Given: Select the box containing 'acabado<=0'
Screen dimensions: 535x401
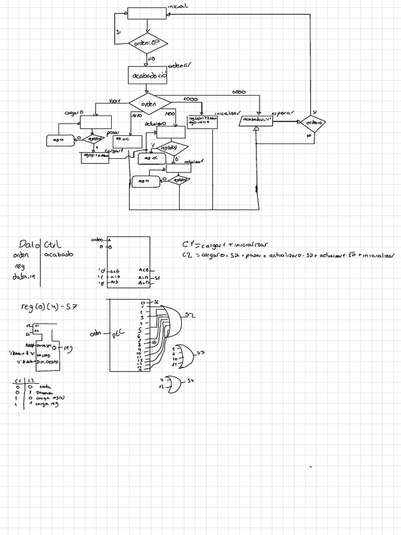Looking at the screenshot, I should pyautogui.click(x=148, y=75).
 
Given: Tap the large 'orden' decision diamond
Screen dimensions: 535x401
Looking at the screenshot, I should pyautogui.click(x=149, y=103).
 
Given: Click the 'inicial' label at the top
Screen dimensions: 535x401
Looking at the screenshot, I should pyautogui.click(x=178, y=6).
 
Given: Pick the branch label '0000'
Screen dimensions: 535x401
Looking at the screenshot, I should pyautogui.click(x=239, y=92).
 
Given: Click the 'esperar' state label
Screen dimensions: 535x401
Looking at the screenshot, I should pyautogui.click(x=282, y=113).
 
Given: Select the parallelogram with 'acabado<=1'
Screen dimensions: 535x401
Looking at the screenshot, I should pyautogui.click(x=256, y=121).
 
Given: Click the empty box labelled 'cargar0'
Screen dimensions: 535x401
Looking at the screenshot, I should pyautogui.click(x=92, y=122).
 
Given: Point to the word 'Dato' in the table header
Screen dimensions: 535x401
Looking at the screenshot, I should pyautogui.click(x=27, y=244).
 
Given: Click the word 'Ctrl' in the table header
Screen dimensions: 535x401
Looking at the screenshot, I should pyautogui.click(x=53, y=244).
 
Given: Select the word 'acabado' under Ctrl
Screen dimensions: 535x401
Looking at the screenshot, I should pyautogui.click(x=59, y=254).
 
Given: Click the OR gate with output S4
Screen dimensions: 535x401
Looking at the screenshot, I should pyautogui.click(x=174, y=385).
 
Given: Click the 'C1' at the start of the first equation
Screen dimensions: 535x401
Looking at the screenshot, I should pyautogui.click(x=188, y=244).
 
